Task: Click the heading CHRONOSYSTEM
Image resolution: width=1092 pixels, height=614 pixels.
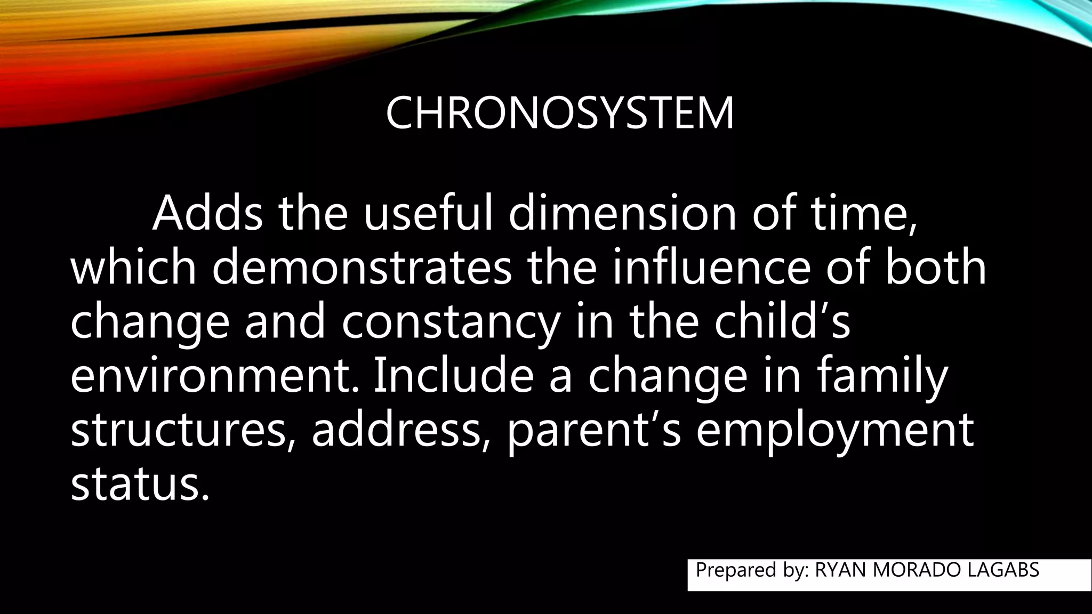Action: pos(559,114)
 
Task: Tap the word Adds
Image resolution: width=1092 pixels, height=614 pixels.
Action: pos(207,214)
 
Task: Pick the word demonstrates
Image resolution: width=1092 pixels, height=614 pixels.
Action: pos(362,268)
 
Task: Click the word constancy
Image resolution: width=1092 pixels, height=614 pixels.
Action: pos(451,322)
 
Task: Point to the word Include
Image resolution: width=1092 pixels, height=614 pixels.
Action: pos(453,377)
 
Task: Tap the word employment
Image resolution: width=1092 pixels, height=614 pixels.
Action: pos(835,431)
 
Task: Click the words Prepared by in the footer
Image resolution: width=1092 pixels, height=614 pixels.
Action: pos(752,570)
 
